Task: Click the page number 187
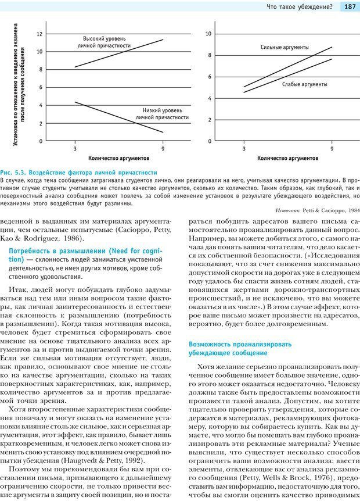point(350,7)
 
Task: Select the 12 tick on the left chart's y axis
point(39,34)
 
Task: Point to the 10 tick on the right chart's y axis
point(208,34)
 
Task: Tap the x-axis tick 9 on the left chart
point(163,149)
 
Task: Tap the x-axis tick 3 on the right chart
point(244,149)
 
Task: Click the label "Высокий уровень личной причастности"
point(104,41)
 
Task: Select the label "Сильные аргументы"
point(284,47)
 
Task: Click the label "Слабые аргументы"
point(304,84)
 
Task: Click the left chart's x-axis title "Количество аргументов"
point(119,158)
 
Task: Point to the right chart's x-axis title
point(287,158)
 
